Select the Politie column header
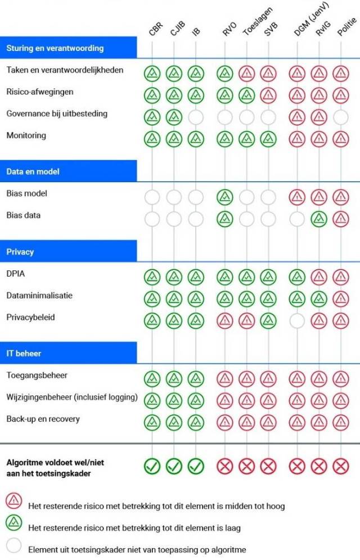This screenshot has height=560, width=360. tap(345, 28)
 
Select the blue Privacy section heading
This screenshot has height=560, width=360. tap(20, 251)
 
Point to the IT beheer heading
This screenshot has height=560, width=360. tap(24, 353)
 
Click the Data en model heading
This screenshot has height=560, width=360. tap(33, 171)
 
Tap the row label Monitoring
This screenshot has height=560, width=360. tap(26, 136)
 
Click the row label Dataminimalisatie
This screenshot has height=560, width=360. tap(39, 295)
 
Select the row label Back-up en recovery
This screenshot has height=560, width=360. tap(43, 419)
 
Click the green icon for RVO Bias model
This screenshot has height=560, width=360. tap(225, 196)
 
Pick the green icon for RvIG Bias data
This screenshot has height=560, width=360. tap(319, 218)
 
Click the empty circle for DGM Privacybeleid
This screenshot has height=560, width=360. tap(297, 320)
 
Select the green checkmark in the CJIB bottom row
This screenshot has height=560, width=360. tap(174, 466)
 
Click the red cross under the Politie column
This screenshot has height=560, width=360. tap(340, 466)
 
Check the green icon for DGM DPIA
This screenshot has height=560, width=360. tap(297, 276)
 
